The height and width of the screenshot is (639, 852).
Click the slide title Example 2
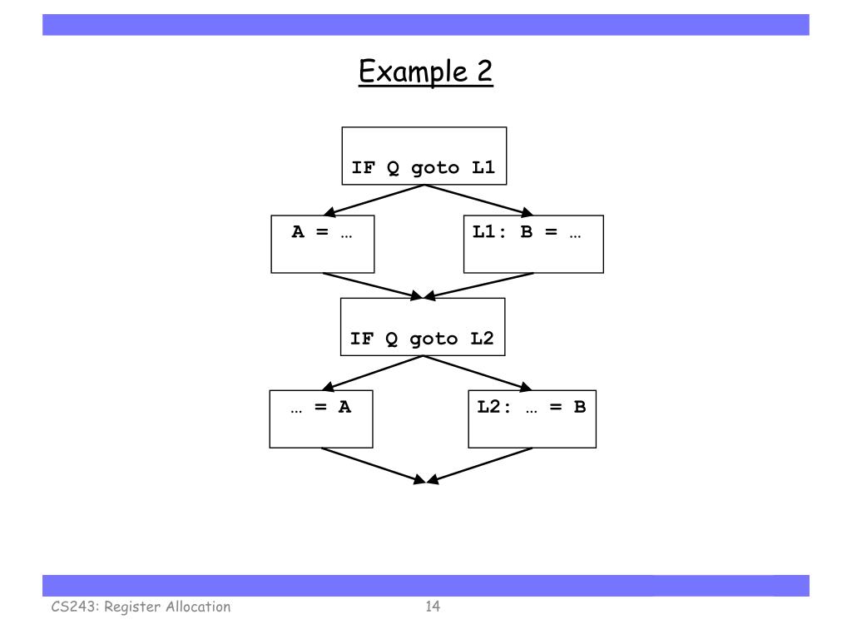[x=425, y=72]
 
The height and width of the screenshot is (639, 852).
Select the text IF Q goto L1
[x=423, y=167]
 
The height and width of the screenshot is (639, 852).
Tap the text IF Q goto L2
[x=422, y=339]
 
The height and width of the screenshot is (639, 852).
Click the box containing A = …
[x=322, y=245]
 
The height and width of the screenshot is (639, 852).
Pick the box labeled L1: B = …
[x=532, y=245]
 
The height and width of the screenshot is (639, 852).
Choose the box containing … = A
[x=321, y=419]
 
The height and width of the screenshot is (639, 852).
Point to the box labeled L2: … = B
[x=532, y=419]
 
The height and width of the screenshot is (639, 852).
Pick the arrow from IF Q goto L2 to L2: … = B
[x=478, y=373]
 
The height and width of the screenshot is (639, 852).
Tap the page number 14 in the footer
[x=432, y=607]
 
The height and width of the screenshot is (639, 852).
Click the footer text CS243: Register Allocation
[x=138, y=607]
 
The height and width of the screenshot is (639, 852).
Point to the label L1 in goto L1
[x=483, y=167]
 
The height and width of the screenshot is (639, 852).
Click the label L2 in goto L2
[x=482, y=339]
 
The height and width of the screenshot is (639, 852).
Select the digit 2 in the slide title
[x=483, y=72]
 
